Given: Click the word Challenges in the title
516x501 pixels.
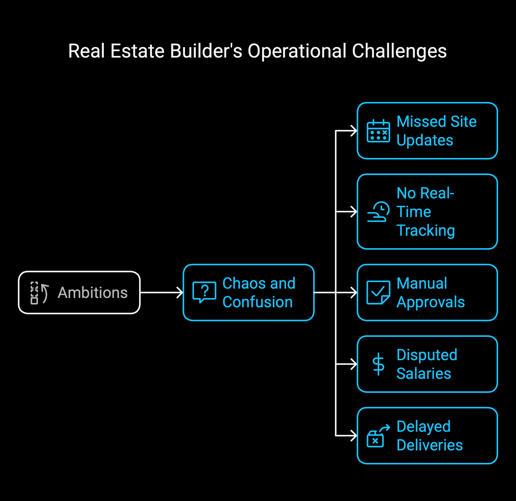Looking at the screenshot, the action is pyautogui.click(x=399, y=51).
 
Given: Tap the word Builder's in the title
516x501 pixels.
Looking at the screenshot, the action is pyautogui.click(x=206, y=51).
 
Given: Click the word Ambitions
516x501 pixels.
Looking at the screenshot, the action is pyautogui.click(x=93, y=293).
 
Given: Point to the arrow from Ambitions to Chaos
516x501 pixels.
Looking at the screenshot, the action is pyautogui.click(x=161, y=293).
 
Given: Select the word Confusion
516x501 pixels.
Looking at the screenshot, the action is pyautogui.click(x=257, y=302).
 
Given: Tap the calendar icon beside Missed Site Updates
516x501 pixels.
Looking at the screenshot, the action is pyautogui.click(x=378, y=131).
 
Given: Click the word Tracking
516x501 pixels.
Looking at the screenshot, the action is pyautogui.click(x=426, y=231).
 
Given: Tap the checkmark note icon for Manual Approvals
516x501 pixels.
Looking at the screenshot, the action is pyautogui.click(x=378, y=293).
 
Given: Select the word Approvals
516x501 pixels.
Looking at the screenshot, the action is pyautogui.click(x=431, y=302).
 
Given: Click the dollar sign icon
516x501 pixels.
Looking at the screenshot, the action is pyautogui.click(x=378, y=364).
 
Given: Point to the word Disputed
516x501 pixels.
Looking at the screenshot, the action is pyautogui.click(x=427, y=355).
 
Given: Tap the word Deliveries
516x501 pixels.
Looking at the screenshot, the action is pyautogui.click(x=430, y=445).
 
